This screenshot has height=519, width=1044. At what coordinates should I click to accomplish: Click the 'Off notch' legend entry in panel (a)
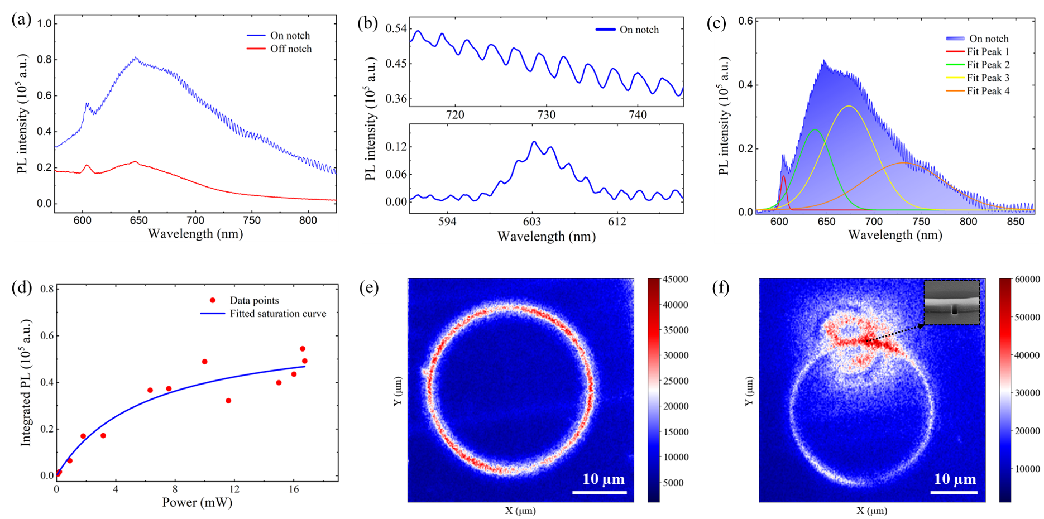click(290, 49)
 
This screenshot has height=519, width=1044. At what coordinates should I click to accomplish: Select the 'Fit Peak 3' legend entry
click(988, 78)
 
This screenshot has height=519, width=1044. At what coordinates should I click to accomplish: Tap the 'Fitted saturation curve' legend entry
click(277, 314)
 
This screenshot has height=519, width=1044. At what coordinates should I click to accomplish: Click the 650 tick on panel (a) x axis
click(139, 220)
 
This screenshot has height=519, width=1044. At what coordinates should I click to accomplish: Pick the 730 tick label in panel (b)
click(547, 115)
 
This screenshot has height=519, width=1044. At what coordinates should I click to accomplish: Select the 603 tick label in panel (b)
click(532, 222)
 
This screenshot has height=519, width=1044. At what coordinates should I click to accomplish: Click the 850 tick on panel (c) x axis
click(1016, 222)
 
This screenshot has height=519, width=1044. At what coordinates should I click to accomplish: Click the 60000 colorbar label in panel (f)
click(1027, 279)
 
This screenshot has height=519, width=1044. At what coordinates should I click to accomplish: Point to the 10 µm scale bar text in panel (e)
click(603, 479)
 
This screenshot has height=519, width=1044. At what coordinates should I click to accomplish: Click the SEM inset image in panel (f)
click(952, 302)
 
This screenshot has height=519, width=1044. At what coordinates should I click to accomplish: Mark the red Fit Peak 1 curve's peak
click(784, 176)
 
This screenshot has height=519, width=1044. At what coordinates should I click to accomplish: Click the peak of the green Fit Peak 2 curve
click(815, 130)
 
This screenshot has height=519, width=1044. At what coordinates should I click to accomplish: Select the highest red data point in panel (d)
click(303, 349)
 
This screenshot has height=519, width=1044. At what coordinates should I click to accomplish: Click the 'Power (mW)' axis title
click(197, 502)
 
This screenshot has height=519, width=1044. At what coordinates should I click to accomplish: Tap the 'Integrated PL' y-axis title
click(26, 383)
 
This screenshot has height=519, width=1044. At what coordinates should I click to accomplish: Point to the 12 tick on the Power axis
click(234, 489)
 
